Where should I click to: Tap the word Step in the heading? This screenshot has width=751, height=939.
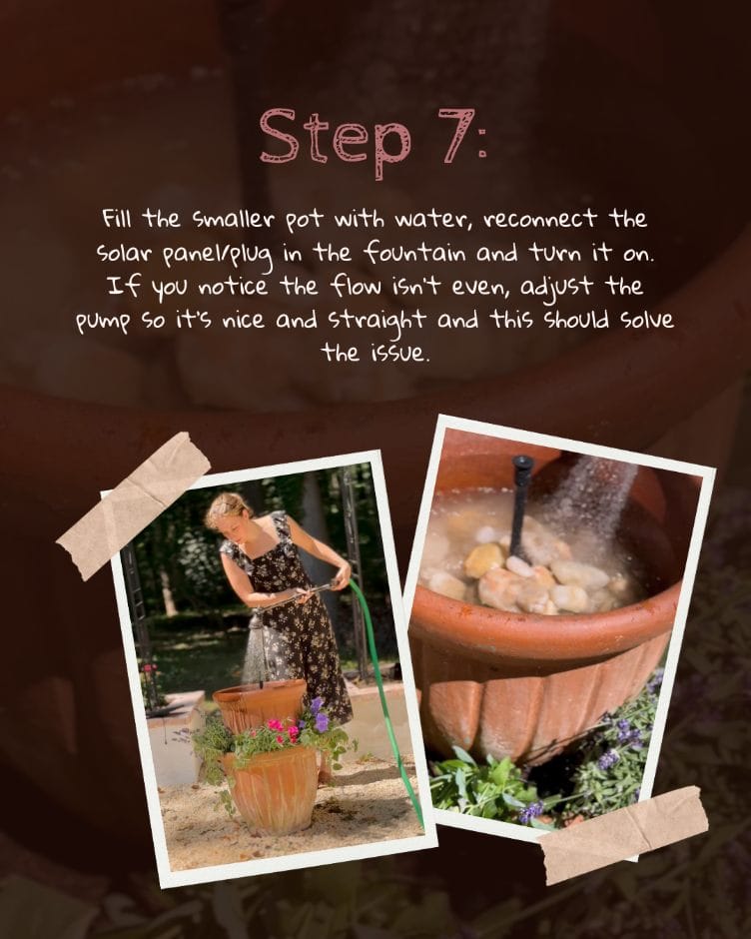[336, 141]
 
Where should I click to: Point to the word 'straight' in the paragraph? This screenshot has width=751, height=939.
[377, 320]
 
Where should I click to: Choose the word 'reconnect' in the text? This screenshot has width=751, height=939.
[540, 220]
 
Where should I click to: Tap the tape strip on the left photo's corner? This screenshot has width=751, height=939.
[134, 504]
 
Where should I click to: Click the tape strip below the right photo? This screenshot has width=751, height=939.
[623, 834]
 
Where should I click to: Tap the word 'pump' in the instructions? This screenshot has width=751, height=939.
[103, 322]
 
